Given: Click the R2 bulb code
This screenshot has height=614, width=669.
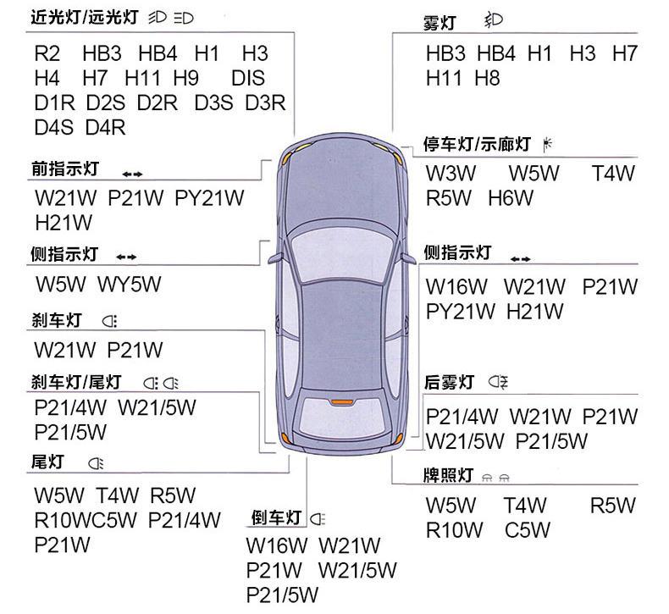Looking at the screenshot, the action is (47, 53).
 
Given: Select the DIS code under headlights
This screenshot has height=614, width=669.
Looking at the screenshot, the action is (248, 79).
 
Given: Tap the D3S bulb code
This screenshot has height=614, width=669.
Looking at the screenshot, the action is (213, 102).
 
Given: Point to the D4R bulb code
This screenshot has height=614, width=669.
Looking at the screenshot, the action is (105, 128).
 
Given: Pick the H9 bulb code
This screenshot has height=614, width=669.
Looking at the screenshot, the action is (186, 79).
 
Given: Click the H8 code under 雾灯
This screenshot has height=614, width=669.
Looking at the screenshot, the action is (487, 79).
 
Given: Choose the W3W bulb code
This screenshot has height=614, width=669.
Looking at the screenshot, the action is (451, 174).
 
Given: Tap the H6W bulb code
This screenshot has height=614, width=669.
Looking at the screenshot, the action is (511, 198).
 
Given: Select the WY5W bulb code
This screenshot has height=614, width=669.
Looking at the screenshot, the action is (130, 285).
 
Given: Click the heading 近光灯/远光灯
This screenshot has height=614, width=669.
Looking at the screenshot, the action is (85, 18).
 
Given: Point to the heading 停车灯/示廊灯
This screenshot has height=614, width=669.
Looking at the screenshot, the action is (477, 144).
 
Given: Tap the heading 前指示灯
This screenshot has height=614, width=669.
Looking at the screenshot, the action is (65, 169).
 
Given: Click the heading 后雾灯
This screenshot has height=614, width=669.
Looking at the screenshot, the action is (449, 382).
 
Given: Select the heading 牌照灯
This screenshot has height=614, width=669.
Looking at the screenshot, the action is (449, 475).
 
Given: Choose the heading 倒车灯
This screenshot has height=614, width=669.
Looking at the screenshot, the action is (276, 518).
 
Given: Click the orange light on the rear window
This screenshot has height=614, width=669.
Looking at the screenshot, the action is (342, 402).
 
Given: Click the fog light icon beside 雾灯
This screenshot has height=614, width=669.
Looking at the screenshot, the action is (494, 20).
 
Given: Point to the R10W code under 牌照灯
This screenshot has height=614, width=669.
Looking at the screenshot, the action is (455, 530).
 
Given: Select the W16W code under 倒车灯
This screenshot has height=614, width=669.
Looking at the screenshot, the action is (277, 545).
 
